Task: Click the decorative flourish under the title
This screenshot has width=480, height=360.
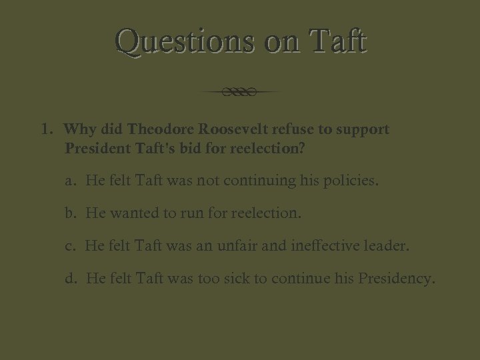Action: (240, 92)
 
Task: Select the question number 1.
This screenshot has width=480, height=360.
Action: (45, 129)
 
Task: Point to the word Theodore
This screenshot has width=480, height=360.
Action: (159, 129)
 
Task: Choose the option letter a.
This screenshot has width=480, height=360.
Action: (70, 181)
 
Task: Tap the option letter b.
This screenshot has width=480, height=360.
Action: (70, 213)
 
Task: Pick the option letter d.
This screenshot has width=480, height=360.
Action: (71, 278)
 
